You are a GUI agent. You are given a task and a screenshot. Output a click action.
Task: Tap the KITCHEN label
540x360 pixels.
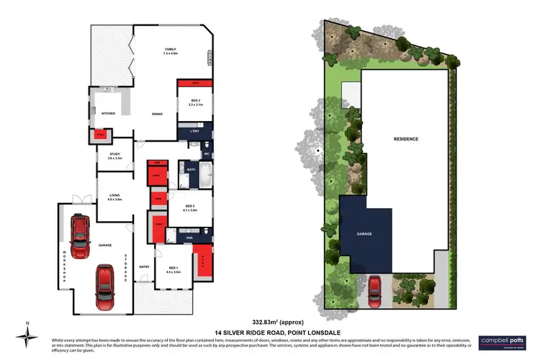(x=108, y=114)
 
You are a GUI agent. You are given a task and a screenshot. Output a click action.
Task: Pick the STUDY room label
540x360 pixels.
(x=114, y=155)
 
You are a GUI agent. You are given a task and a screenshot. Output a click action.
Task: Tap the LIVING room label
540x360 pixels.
(x=114, y=196)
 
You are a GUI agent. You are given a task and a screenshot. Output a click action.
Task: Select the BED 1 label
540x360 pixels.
(x=173, y=271)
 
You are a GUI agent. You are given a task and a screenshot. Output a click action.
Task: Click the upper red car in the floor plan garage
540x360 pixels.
(x=80, y=231)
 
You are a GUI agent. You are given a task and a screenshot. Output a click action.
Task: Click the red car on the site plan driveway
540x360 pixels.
(x=375, y=289)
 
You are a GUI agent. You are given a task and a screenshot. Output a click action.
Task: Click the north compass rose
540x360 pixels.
(x=27, y=336)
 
